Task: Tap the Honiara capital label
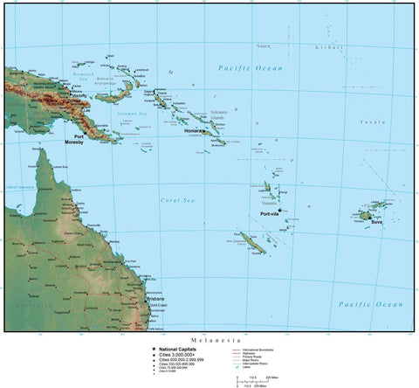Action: [x=194, y=131]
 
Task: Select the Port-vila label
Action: [x=271, y=213]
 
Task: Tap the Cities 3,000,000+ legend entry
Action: [x=179, y=354]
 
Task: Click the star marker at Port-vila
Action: [x=280, y=210]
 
